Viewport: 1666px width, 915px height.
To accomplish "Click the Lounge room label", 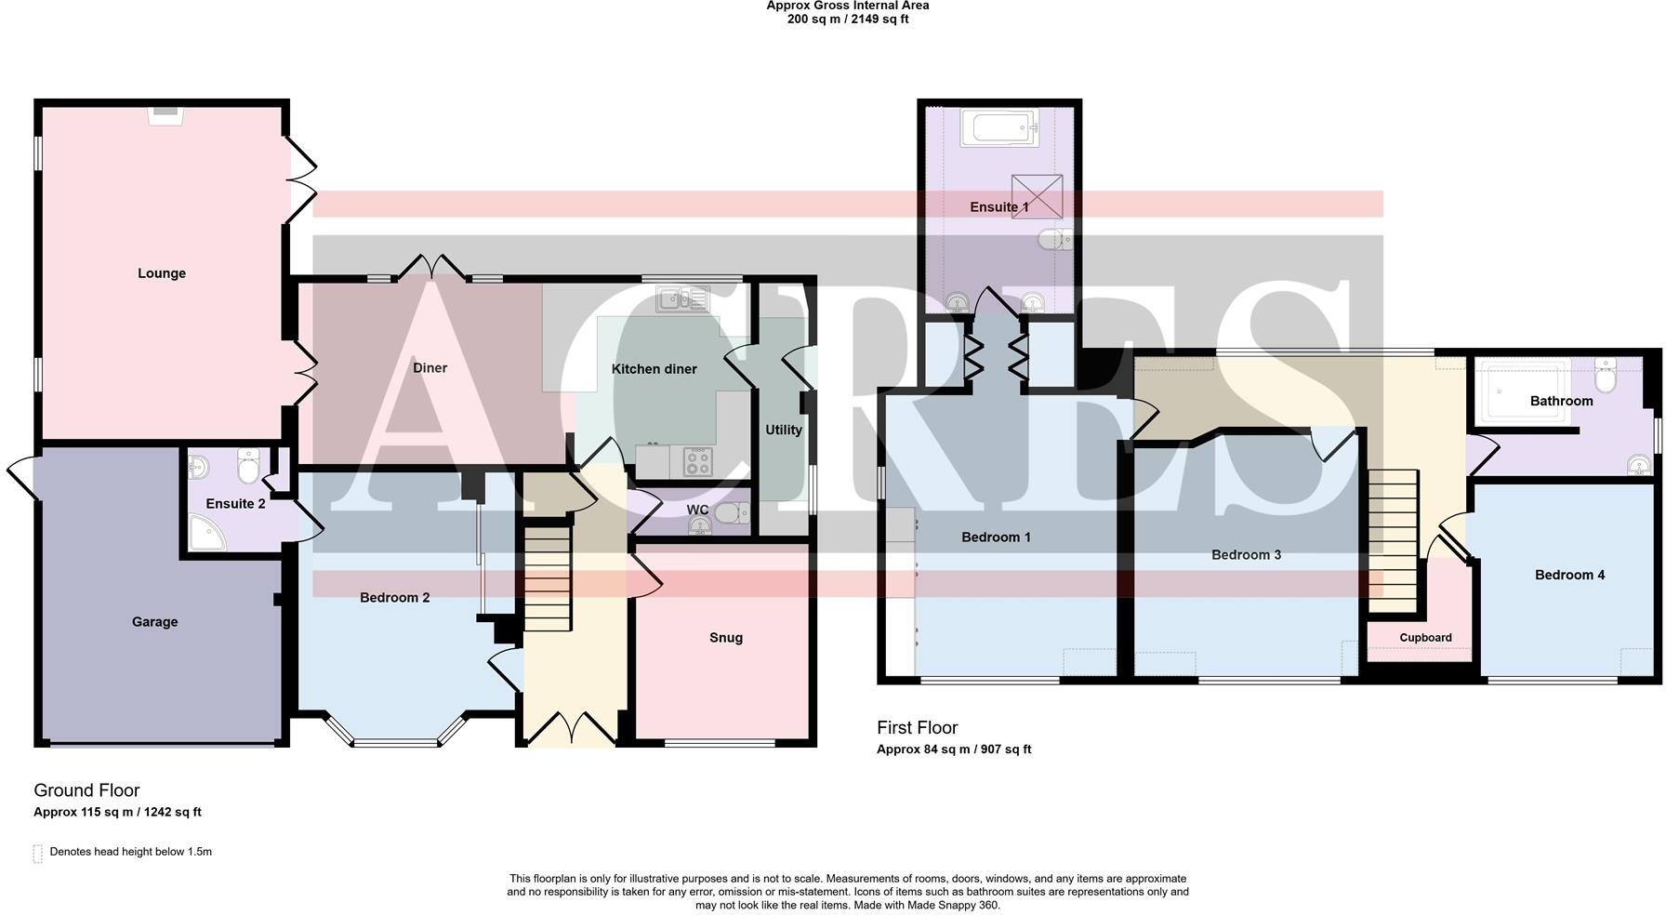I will (x=162, y=273).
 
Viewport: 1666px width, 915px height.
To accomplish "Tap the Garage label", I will (x=154, y=622).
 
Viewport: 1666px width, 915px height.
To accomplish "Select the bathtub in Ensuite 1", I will (x=998, y=127).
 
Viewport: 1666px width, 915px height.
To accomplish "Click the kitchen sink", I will (x=681, y=299).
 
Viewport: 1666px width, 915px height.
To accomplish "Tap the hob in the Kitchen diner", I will (x=697, y=461).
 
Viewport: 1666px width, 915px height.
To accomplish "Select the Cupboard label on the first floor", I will (x=1425, y=638).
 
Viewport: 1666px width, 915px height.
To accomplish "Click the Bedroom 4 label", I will (x=1569, y=575).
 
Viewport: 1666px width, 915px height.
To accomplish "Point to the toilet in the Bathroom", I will (x=1606, y=377).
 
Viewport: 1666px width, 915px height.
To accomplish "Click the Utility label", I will (x=784, y=430).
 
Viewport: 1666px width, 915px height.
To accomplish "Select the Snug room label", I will (x=726, y=638).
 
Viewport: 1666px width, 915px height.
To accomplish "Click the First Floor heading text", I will (x=917, y=728).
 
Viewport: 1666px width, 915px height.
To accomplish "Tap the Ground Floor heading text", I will (x=86, y=790).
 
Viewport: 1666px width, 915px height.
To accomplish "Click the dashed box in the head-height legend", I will (x=38, y=853).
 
